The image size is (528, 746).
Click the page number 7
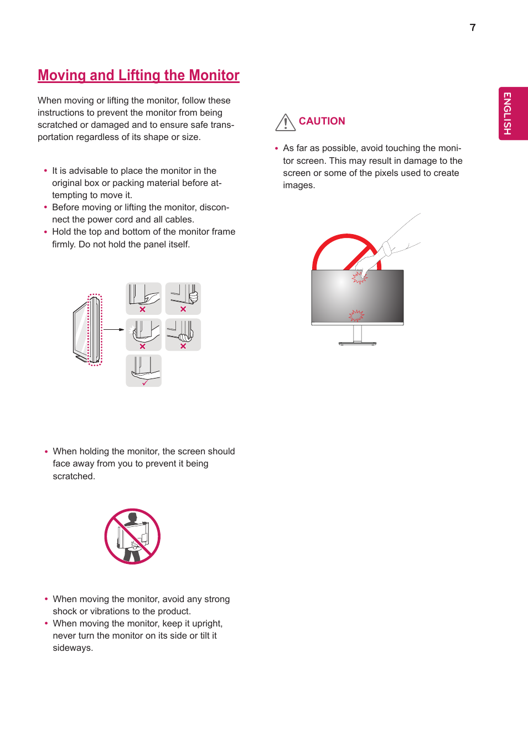click(x=473, y=28)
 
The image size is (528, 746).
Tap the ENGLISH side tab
click(x=507, y=113)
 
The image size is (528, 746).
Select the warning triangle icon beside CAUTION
click(x=285, y=122)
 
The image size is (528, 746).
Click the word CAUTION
click(x=322, y=121)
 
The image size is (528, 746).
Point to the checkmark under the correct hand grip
click(x=145, y=382)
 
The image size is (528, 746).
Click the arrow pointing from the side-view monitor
click(x=114, y=329)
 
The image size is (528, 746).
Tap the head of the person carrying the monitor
click(x=132, y=517)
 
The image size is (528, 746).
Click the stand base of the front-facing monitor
click(x=358, y=344)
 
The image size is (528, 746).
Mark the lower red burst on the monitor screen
click(x=356, y=315)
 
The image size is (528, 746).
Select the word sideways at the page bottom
click(x=73, y=648)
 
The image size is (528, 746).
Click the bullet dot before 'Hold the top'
click(x=45, y=232)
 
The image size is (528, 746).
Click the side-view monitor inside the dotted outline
click(x=95, y=330)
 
